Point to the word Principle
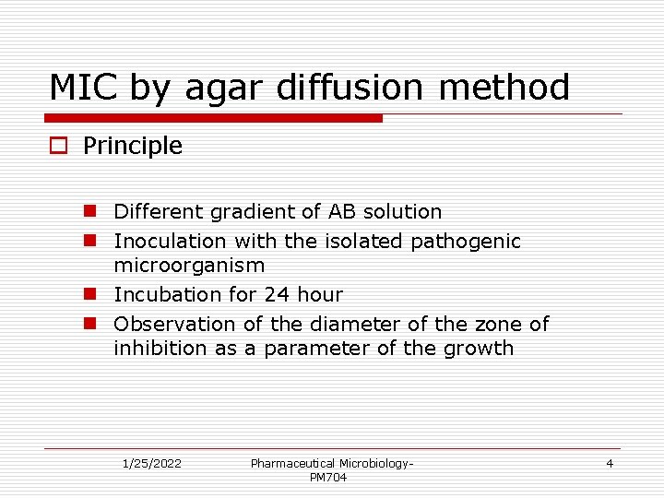pyautogui.click(x=133, y=146)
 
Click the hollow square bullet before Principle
pyautogui.click(x=60, y=146)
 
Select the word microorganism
pyautogui.click(x=189, y=266)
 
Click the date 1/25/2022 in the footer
pyautogui.click(x=152, y=463)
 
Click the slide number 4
pyautogui.click(x=610, y=463)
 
